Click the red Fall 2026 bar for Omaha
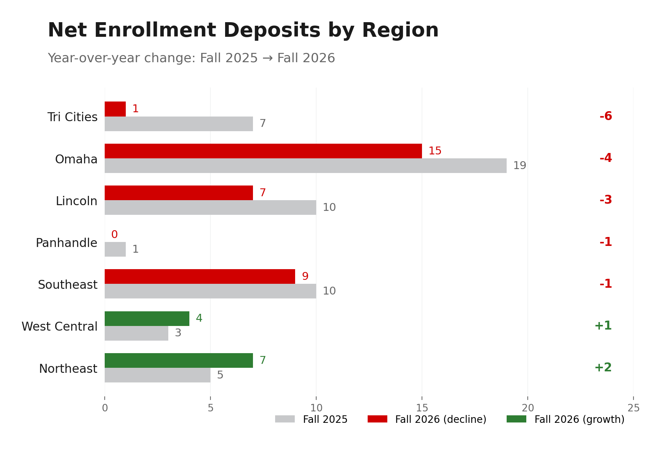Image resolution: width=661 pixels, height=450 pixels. point(263,151)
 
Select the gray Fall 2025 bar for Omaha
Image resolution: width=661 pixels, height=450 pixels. point(305,165)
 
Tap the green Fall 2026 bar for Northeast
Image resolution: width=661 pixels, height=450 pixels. point(179,360)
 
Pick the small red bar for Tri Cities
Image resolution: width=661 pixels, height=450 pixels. point(115,109)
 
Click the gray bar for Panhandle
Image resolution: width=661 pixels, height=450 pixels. point(115,249)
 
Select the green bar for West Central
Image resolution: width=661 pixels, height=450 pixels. point(147,318)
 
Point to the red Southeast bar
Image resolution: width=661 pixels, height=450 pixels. point(200,276)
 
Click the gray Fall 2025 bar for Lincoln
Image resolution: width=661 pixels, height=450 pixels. point(210,207)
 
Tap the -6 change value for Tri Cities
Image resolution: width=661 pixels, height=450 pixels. point(606,116)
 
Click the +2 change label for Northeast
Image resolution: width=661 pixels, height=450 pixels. point(603,367)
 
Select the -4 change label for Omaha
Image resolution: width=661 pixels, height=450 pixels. point(606,158)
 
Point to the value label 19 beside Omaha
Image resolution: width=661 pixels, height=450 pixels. point(520,165)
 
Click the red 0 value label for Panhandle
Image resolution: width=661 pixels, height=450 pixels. point(114,234)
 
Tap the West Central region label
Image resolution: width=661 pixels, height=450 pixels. point(59,326)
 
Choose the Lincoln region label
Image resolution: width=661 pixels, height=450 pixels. point(76,201)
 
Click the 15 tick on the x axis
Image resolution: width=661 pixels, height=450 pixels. point(422,408)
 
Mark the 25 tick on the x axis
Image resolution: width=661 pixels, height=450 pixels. point(633,408)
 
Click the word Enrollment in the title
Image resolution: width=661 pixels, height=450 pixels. point(155,30)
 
